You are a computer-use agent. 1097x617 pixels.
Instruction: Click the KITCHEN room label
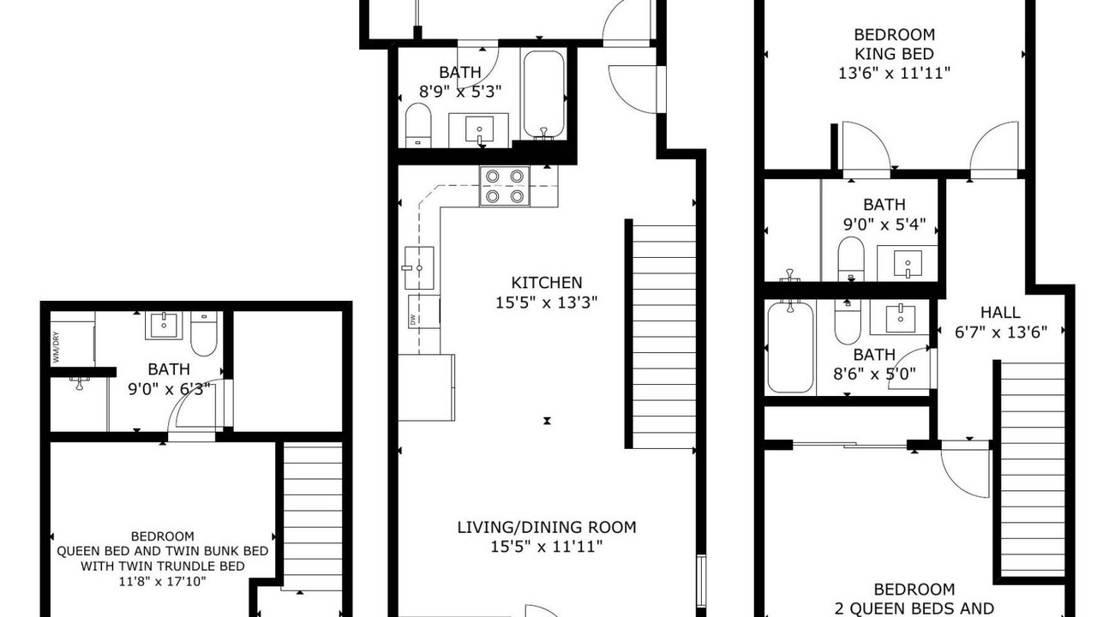[x=547, y=283]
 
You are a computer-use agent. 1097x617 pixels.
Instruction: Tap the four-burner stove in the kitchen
[x=505, y=186]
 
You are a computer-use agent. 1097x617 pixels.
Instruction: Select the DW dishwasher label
[x=412, y=320]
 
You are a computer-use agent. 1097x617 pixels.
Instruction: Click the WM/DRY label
[x=56, y=347]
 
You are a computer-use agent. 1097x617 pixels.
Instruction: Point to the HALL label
[x=1000, y=313]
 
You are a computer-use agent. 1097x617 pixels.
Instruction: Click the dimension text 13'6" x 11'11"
[x=894, y=74]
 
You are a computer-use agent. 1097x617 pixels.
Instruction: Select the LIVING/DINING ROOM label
[x=547, y=527]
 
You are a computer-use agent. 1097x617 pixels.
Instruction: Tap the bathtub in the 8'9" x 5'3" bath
[x=543, y=94]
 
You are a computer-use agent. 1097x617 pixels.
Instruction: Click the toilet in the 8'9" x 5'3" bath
[x=418, y=125]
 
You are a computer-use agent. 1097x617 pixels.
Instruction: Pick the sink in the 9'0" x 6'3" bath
[x=164, y=325]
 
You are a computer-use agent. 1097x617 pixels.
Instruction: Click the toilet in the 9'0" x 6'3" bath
[x=204, y=333]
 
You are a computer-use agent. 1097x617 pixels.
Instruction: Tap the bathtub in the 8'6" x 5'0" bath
[x=790, y=347]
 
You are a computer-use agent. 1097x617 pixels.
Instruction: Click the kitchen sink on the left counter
[x=419, y=268]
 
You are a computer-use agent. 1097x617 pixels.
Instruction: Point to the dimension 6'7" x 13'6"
[x=1001, y=332]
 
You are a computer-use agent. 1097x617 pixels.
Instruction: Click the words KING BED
[x=894, y=54]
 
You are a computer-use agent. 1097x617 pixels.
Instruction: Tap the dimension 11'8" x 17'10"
[x=162, y=582]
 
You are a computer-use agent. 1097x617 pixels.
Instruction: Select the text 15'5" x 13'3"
[x=547, y=303]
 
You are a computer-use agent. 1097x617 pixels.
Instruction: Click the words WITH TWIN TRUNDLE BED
[x=163, y=566]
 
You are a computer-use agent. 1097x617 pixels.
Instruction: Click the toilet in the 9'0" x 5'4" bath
[x=851, y=259]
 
